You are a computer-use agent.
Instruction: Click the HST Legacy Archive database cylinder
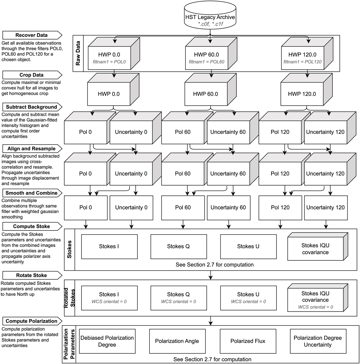point(210,17)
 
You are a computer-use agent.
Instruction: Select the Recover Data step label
point(31,35)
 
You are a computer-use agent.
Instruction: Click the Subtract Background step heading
point(31,107)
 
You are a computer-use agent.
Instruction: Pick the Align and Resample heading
point(31,149)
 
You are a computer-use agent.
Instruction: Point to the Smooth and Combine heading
point(31,193)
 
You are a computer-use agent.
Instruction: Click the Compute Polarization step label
point(31,321)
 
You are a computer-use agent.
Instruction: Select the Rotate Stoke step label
point(31,275)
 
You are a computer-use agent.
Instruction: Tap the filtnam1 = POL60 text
point(206,62)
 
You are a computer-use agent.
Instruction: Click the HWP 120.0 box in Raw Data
point(302,57)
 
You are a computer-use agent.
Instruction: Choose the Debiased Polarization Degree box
point(107,341)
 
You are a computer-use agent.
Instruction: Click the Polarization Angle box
point(177,341)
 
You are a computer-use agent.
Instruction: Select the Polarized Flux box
point(248,341)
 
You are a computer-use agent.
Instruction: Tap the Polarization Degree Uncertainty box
point(318,341)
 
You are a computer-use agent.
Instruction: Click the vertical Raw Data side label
point(78,53)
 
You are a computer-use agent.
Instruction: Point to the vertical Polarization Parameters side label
point(69,344)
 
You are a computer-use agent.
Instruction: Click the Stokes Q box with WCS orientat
point(178,298)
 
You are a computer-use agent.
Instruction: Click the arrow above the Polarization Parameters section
point(211,321)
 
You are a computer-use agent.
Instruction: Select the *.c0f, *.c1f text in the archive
point(210,24)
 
